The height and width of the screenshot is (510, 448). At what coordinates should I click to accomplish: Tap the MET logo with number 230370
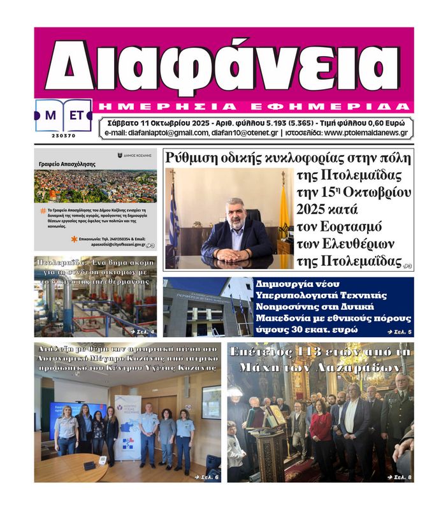tap(64, 118)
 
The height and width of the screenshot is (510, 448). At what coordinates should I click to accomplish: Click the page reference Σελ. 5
tap(400, 332)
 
